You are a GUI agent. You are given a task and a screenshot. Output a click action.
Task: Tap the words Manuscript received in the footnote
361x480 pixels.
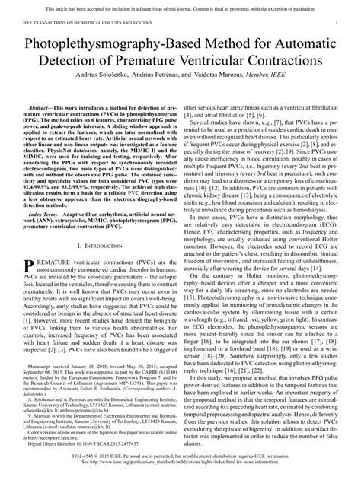coord(56,386)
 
